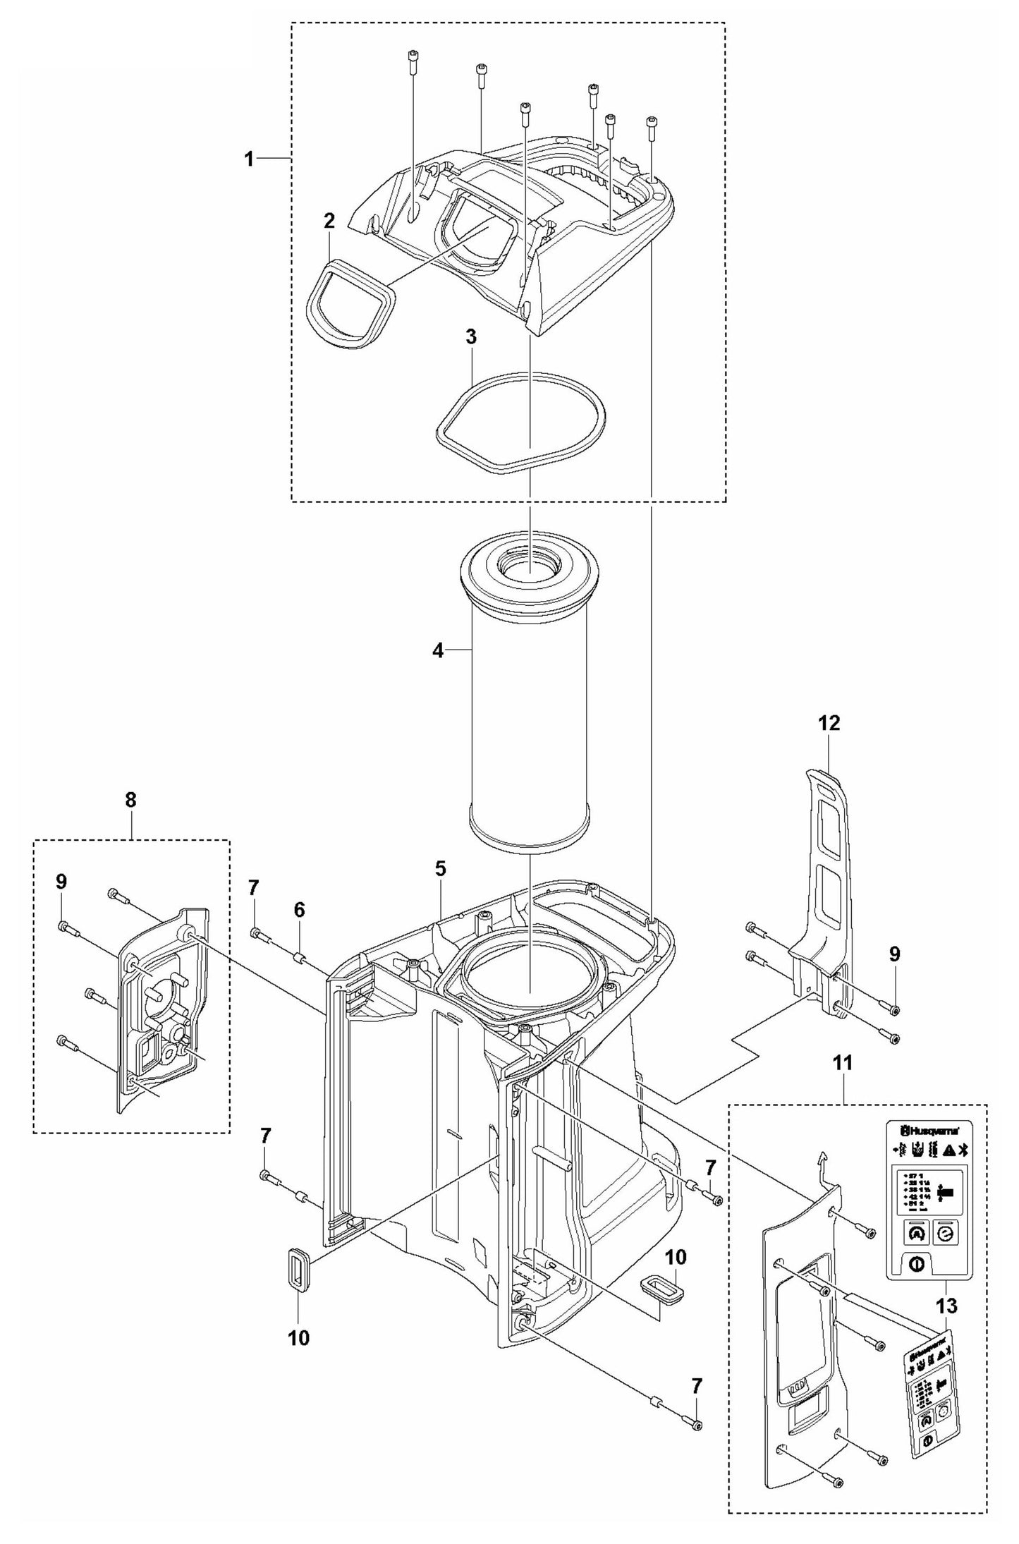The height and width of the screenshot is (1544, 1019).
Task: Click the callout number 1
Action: tap(248, 159)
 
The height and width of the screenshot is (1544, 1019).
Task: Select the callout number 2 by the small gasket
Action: tap(329, 221)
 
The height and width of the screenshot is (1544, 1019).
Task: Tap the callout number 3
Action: tap(470, 337)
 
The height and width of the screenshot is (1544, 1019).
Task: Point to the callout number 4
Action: tap(439, 651)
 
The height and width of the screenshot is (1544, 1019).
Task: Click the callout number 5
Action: tap(440, 868)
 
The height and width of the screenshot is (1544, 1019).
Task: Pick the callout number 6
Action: tap(300, 910)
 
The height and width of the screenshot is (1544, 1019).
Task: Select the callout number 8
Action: tap(131, 800)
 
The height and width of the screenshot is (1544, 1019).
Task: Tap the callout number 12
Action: tap(829, 723)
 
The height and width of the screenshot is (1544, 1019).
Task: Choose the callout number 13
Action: tap(947, 1306)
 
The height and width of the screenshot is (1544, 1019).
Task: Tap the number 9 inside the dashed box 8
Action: tap(61, 881)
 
